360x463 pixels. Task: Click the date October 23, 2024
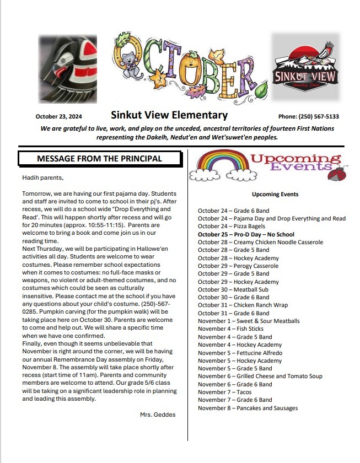point(58,116)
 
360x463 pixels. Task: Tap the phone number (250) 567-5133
point(309,116)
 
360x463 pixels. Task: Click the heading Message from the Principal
point(99,158)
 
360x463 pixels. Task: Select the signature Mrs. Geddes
point(158,414)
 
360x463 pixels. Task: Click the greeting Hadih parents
point(42,177)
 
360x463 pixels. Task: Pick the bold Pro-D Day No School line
point(246,234)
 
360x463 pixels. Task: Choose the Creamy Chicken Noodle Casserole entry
point(260,242)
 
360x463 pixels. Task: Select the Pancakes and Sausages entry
point(248,408)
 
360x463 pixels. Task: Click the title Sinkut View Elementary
point(169,115)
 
